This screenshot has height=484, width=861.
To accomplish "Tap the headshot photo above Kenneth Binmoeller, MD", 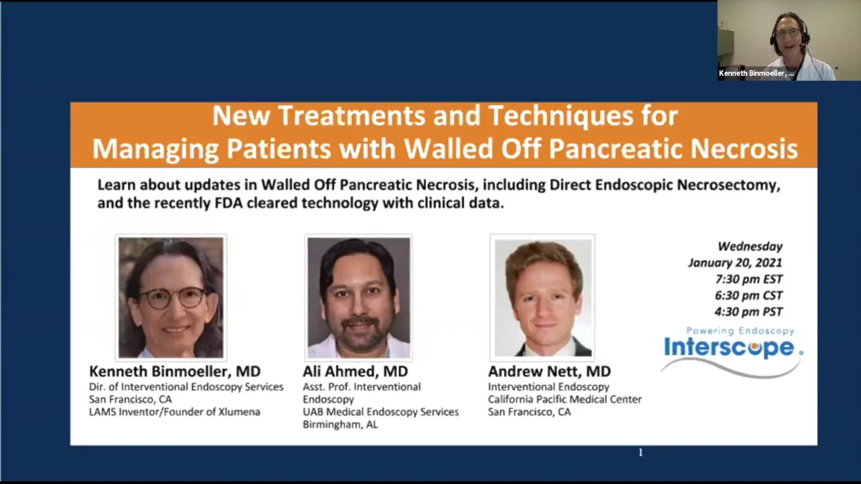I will coord(171,297).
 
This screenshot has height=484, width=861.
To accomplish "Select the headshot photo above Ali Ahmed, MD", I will coord(359,297).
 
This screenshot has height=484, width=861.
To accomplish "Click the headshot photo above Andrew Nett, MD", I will coord(542,297).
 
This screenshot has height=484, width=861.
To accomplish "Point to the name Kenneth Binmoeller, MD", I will coord(174,371).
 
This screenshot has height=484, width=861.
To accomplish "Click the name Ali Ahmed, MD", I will coord(355,371).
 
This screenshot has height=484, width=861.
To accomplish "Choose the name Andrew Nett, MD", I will coord(549,371).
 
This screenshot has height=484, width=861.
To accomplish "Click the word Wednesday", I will coord(749,247).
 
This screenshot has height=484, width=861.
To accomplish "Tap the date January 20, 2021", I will coord(735,263).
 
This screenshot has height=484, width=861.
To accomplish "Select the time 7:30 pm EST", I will coord(749,279).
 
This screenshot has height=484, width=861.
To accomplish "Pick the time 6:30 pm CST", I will coord(749,295).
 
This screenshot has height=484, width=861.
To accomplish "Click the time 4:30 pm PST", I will coord(749,311).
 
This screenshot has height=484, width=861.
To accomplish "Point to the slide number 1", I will coord(640,453).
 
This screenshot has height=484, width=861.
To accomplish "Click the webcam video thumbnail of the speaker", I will coord(788,40).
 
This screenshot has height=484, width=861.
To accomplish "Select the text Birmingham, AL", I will coord(340,424).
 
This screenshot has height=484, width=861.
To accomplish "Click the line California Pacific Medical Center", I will coord(564,399).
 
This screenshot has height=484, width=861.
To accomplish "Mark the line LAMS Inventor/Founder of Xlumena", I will coord(174,411).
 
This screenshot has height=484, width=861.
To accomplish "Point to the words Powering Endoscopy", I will coord(740,331).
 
